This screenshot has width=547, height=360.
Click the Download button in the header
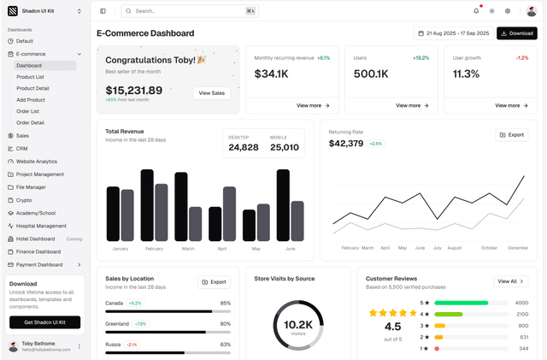[516, 33]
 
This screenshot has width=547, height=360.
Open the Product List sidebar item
[30, 77]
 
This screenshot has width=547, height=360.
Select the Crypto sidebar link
[23, 200]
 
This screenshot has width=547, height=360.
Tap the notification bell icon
[476, 11]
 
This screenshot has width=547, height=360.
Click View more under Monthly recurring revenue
[313, 105]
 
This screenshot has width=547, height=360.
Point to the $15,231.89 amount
[133, 90]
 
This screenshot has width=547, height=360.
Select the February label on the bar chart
[154, 248]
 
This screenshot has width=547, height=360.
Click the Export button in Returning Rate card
[511, 135]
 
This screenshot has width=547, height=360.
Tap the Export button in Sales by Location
[215, 281]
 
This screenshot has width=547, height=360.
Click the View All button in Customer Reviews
[510, 281]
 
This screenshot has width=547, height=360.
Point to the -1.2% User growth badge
[521, 58]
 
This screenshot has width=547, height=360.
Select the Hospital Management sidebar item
[41, 226]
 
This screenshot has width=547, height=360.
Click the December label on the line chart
[518, 247]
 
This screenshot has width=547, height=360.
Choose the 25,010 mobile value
[285, 147]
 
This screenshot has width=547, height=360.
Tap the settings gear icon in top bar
[507, 11]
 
